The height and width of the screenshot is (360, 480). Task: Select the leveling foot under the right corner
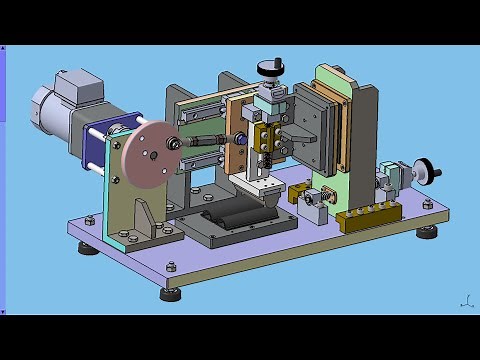(x=428, y=232)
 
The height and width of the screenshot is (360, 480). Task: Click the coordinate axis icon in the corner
(x=466, y=300)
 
